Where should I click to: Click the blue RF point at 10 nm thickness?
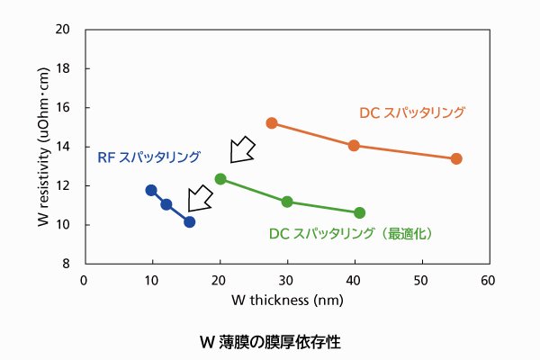(151, 190)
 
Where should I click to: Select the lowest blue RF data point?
(189, 221)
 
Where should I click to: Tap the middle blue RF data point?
(166, 204)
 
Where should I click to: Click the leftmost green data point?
(220, 179)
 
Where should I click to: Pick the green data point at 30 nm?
(287, 202)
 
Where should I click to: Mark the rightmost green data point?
(360, 212)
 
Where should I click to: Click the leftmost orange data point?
(271, 123)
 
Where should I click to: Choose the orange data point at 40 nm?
(354, 145)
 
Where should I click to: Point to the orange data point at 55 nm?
(456, 158)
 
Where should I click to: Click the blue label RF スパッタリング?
(148, 157)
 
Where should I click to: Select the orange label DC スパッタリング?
(412, 112)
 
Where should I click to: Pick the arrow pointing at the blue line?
(200, 201)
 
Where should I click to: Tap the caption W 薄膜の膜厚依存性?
(270, 342)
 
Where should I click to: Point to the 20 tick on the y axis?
(65, 29)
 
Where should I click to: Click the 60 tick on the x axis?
(489, 280)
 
